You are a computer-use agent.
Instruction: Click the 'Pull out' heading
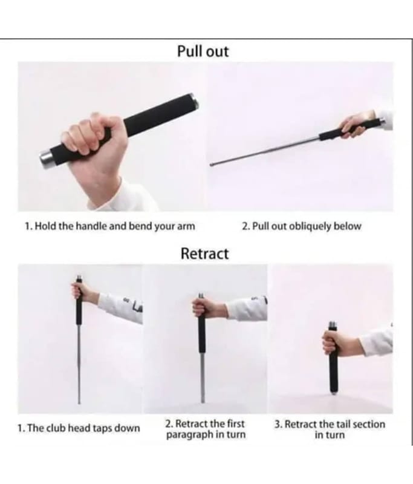(203, 51)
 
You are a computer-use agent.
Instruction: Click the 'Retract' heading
(204, 253)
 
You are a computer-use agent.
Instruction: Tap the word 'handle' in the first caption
(91, 226)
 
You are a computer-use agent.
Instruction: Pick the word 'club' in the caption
(56, 428)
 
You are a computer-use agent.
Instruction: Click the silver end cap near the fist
(47, 159)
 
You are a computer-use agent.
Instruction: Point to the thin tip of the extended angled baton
(212, 165)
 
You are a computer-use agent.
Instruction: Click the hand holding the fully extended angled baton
(357, 124)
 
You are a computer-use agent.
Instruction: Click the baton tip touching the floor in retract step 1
(79, 402)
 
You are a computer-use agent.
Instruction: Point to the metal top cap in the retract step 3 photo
(333, 325)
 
